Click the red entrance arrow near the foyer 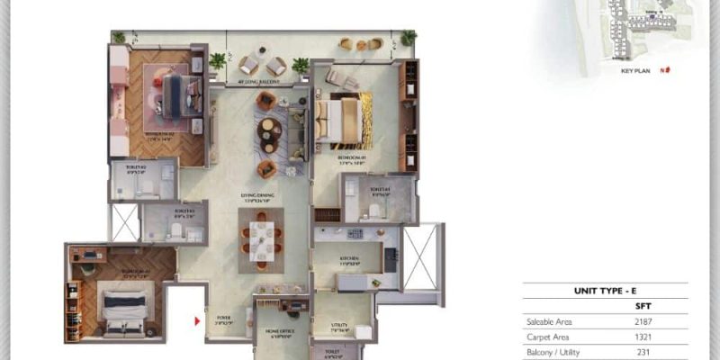[x=199, y=319]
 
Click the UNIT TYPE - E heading [x=605, y=292]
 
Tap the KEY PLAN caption [x=635, y=69]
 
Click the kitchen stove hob [x=355, y=234]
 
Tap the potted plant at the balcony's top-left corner [x=118, y=38]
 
